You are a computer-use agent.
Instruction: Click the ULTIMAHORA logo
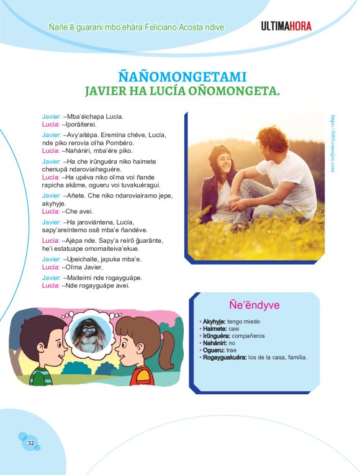286,26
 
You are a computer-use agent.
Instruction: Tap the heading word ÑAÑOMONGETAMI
182,77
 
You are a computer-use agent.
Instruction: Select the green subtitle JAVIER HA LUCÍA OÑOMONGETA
182,91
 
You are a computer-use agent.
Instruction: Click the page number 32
30,443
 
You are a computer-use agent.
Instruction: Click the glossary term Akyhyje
215,321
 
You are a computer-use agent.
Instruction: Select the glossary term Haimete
214,328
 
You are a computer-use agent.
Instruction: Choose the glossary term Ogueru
214,350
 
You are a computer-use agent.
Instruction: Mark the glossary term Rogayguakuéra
224,357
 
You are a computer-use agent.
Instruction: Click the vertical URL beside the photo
333,142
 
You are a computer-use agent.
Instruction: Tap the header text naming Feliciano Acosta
136,27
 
